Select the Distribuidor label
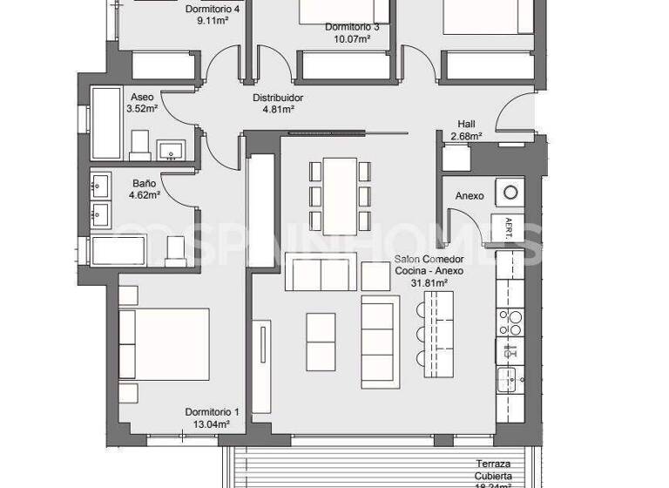(x=278, y=98)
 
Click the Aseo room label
(x=142, y=97)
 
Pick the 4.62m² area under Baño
(x=145, y=196)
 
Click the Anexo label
(x=469, y=196)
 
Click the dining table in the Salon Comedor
(x=340, y=194)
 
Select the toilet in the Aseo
(x=140, y=146)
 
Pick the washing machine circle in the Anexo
(x=509, y=191)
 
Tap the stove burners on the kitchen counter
(x=509, y=323)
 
